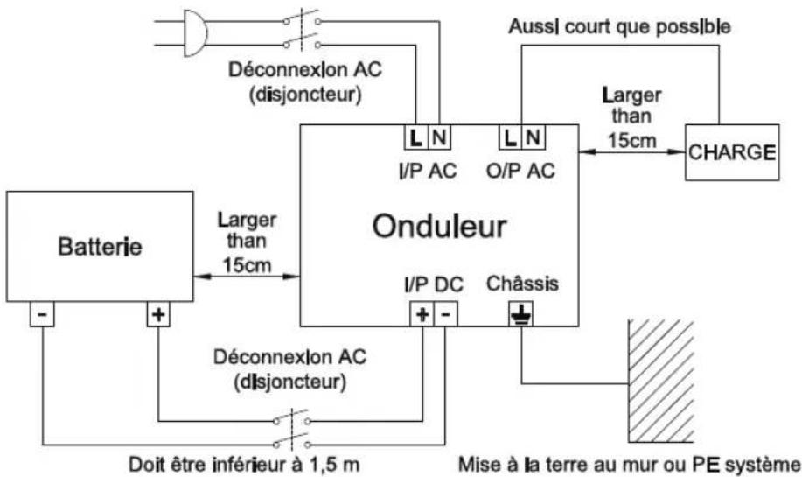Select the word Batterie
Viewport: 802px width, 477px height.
point(101,247)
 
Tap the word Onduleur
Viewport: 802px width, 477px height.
point(439,227)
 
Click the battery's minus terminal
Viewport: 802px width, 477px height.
point(42,313)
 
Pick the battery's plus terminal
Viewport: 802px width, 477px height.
point(158,313)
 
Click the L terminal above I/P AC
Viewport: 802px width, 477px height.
point(415,137)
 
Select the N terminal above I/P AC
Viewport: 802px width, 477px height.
point(439,137)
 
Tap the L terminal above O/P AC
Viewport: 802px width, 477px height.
point(510,137)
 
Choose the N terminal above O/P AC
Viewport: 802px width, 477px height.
point(534,137)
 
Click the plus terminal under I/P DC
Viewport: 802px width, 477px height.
point(422,314)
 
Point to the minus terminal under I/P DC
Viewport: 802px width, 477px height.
point(445,314)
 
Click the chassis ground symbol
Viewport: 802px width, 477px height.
point(520,314)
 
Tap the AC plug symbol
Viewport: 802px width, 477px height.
point(194,32)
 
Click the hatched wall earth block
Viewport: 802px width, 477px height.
point(661,381)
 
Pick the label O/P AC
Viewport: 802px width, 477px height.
point(520,171)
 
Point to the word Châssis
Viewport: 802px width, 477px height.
point(522,283)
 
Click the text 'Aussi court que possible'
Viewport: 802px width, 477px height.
point(619,26)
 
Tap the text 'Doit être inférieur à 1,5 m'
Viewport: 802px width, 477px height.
point(244,465)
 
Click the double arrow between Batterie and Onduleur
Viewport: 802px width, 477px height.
point(247,277)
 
